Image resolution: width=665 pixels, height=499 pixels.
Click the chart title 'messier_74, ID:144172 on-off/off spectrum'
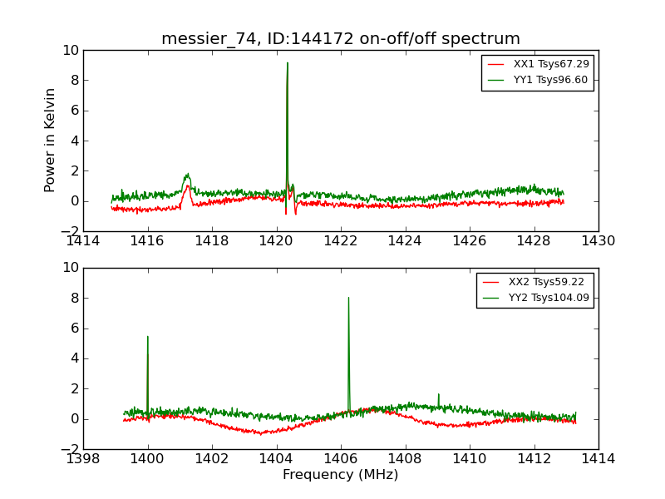click(341, 39)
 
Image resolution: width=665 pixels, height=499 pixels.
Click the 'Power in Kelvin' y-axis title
click(51, 140)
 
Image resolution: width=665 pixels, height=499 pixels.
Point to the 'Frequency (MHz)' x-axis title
click(341, 475)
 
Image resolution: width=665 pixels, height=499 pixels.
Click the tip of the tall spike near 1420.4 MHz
click(288, 63)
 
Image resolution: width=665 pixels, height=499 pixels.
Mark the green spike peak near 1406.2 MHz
click(348, 298)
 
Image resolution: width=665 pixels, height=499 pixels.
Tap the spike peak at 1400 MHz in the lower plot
click(148, 337)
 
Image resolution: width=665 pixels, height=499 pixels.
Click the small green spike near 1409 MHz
click(439, 394)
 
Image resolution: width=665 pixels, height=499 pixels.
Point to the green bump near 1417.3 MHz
click(188, 175)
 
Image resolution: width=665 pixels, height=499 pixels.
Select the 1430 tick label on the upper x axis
click(598, 241)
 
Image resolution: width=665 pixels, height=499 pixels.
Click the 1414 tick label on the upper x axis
click(83, 241)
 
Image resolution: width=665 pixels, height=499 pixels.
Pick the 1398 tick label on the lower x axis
click(83, 458)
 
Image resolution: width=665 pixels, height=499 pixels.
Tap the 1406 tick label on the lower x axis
click(341, 458)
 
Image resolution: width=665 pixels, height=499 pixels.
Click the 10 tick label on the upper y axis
click(70, 51)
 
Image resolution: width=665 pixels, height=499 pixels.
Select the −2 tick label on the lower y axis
click(66, 449)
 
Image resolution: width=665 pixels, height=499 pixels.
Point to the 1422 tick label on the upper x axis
click(341, 241)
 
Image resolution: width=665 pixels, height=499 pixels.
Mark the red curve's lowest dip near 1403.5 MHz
click(260, 433)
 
